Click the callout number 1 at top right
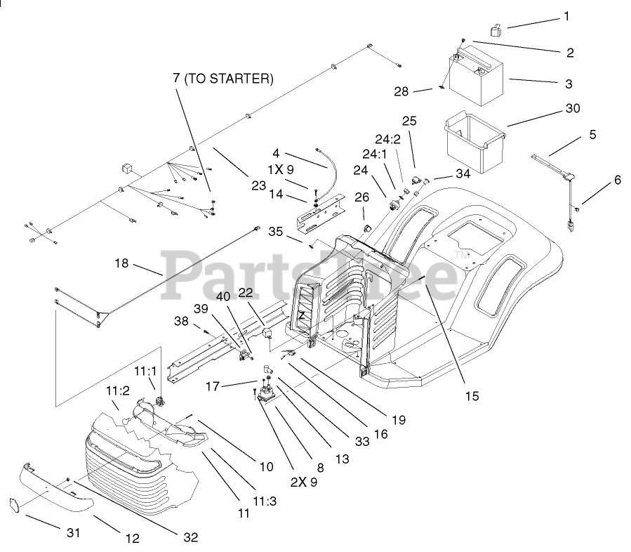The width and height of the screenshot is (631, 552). pyautogui.click(x=567, y=15)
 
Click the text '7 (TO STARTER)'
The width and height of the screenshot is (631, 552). pyautogui.click(x=222, y=79)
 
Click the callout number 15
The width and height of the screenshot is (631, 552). pyautogui.click(x=471, y=396)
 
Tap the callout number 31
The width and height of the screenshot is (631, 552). pyautogui.click(x=74, y=533)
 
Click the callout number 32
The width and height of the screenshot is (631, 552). pyautogui.click(x=190, y=537)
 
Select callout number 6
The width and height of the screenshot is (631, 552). pyautogui.click(x=617, y=180)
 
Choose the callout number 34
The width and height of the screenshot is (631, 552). pyautogui.click(x=463, y=173)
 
